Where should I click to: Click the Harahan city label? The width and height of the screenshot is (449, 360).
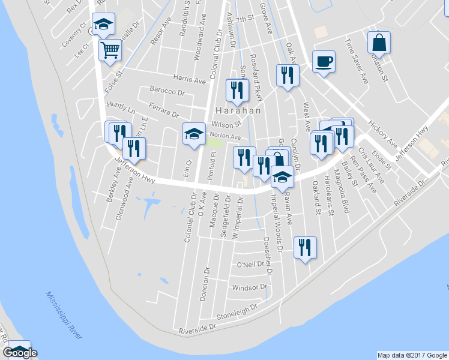[238, 110]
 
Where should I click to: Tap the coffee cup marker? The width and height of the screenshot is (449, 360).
[324, 62]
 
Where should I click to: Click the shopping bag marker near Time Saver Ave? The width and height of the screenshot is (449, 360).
[379, 43]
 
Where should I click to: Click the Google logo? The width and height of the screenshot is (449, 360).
[20, 353]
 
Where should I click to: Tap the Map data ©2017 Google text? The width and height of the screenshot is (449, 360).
[412, 355]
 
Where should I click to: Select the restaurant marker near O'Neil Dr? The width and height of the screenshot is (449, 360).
[305, 248]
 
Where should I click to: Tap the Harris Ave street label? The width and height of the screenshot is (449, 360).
[189, 79]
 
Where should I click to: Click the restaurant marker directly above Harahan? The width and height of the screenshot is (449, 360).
[237, 90]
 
